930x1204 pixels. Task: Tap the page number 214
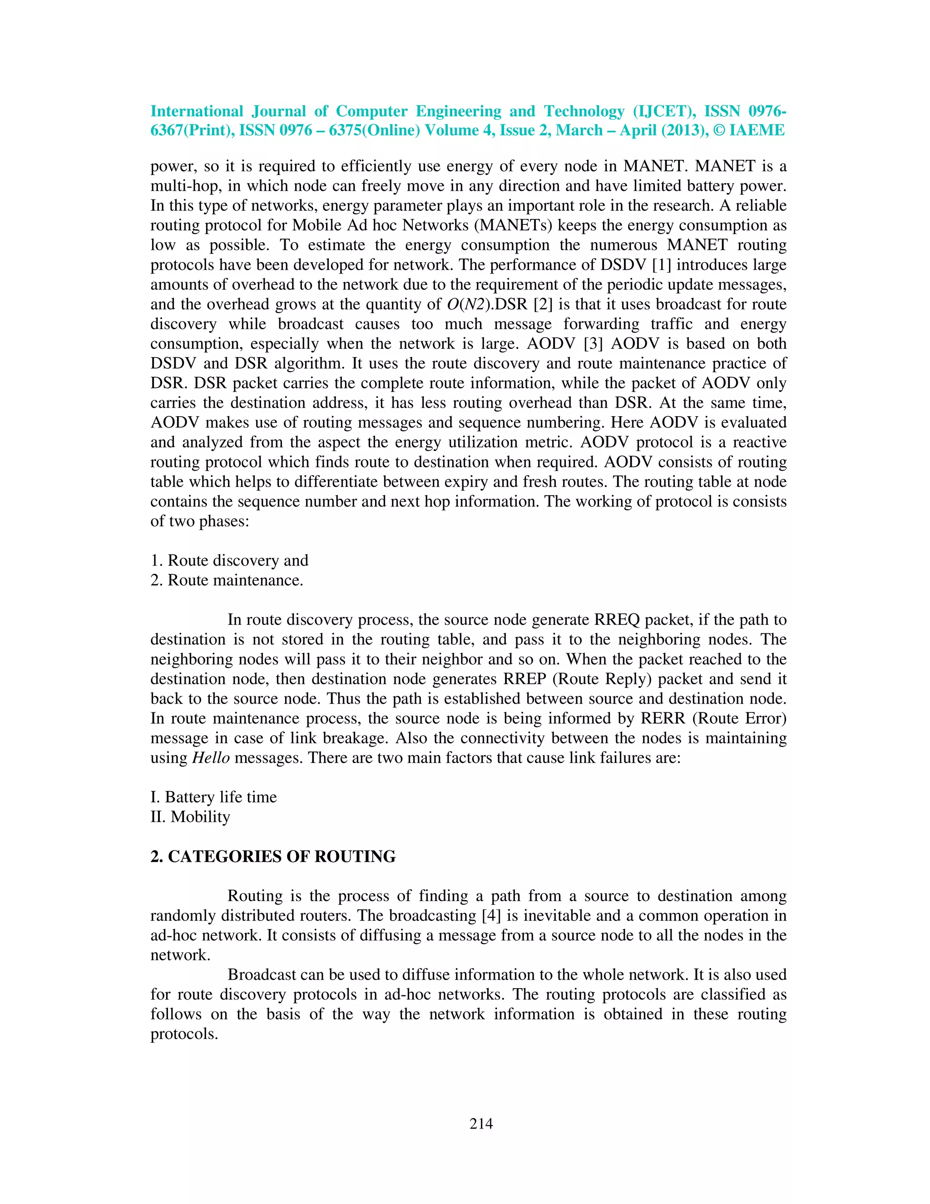click(x=481, y=1123)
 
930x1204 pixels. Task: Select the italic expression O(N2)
click(x=470, y=304)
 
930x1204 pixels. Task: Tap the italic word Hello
click(x=210, y=758)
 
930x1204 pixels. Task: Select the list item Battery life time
click(x=214, y=797)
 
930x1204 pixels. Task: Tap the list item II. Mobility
click(x=191, y=817)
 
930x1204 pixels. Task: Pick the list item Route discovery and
click(x=230, y=561)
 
